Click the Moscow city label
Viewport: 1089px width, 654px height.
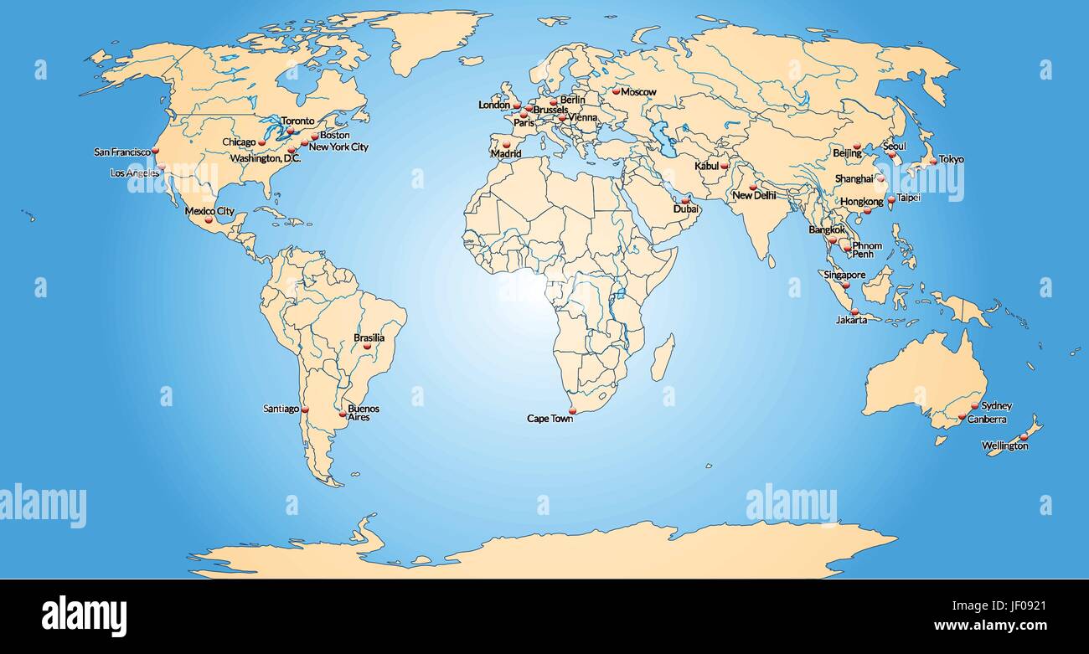639,91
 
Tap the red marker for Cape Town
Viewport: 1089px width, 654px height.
573,410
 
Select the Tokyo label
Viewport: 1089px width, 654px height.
951,159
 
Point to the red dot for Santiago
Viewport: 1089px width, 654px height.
305,409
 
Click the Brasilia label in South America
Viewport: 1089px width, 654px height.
369,338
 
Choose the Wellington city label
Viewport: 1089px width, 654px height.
1004,446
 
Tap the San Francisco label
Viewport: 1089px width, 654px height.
122,152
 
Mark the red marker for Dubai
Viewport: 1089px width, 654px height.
685,199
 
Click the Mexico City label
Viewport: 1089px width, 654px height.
209,211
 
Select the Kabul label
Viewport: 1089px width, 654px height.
706,166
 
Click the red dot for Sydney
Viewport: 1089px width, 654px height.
974,405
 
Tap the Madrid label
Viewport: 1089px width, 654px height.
506,154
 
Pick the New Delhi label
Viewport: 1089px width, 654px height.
754,195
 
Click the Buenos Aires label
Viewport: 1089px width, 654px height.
363,413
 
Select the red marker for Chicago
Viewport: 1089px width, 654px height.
262,142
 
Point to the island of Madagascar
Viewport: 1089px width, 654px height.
662,358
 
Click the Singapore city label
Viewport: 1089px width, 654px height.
844,275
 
